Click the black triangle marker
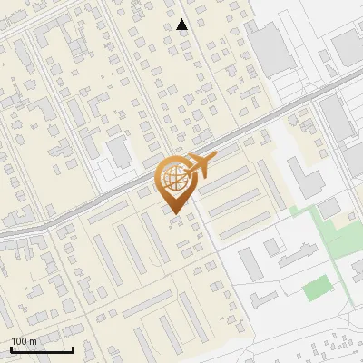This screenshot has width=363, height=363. tap(182, 25)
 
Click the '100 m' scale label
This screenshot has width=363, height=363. tap(25, 341)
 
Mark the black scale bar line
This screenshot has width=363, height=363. tap(42, 349)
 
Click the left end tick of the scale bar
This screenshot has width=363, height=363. tap(12, 348)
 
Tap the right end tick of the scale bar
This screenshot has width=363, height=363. tap(73, 348)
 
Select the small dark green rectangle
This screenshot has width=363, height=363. tap(316, 289)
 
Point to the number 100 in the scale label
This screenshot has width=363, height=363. tap(20, 341)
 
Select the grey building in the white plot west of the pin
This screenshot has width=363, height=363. tap(119, 150)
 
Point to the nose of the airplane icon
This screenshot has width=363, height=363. tap(214, 158)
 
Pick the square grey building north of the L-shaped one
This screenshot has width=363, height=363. tap(271, 247)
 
